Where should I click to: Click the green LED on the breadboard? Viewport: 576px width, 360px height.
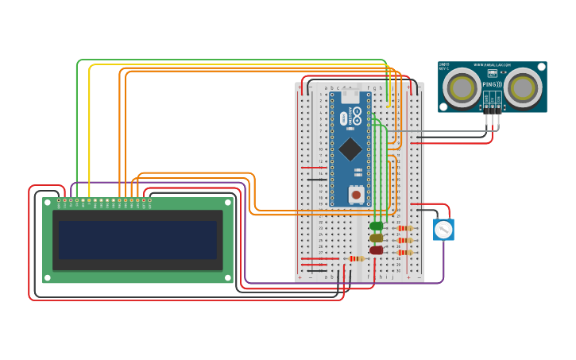376,226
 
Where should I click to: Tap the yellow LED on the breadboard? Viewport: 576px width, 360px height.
376,238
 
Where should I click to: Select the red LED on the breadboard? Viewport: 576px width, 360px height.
376,250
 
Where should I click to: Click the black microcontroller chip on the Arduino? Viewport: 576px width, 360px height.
350,149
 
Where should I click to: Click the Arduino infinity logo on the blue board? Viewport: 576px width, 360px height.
357,114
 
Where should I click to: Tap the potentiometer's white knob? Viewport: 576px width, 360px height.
443,230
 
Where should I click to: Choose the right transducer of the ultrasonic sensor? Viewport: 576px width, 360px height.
523,87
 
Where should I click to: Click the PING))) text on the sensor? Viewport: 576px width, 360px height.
493,83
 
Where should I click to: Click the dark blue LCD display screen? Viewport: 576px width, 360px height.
137,240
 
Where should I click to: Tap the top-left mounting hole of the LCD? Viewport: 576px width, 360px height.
48,203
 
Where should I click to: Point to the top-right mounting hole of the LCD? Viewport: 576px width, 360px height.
229,203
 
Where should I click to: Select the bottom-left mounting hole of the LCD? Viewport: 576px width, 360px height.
48,277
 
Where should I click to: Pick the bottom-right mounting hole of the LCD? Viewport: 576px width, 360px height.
229,277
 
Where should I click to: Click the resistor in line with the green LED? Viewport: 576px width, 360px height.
404,228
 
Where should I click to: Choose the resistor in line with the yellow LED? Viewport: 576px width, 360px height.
404,240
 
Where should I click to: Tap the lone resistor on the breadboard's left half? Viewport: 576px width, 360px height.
356,258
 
